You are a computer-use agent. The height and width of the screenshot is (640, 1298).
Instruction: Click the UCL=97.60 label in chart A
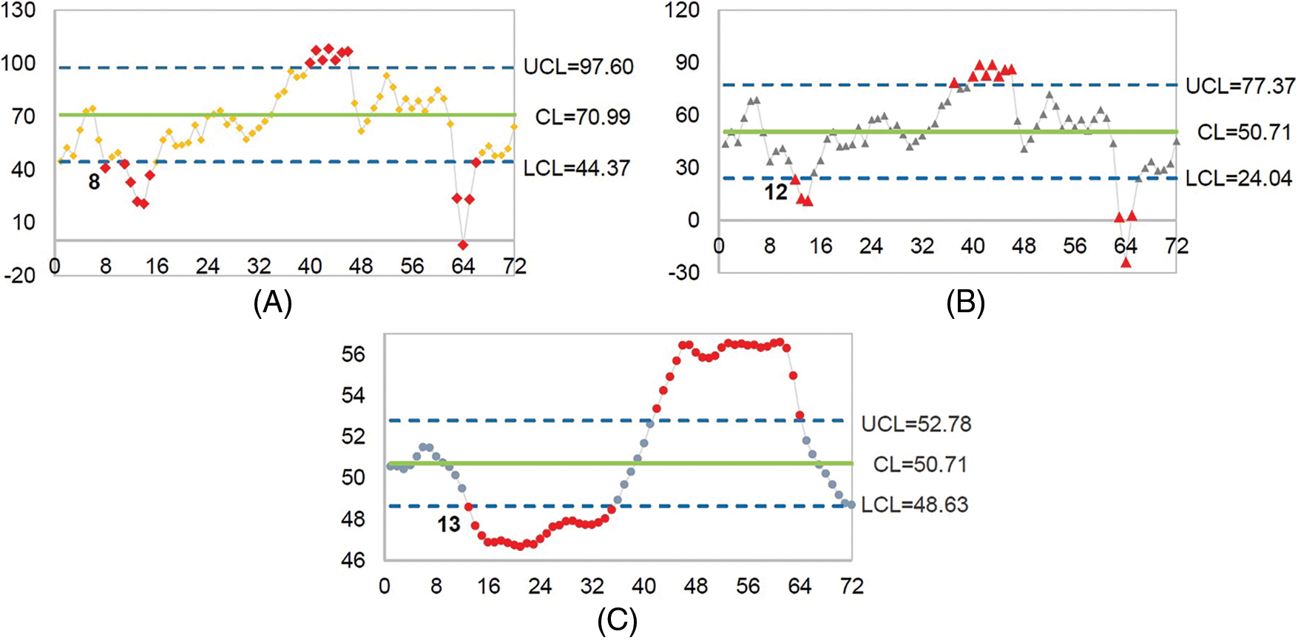coord(578,67)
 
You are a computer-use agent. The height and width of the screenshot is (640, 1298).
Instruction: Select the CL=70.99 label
coord(583,117)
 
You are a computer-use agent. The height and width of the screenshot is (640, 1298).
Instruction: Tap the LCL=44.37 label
coord(577,169)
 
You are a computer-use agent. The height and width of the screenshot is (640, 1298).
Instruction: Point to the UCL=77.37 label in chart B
coord(1240,87)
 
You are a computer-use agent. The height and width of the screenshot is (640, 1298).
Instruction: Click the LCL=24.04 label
coord(1239,178)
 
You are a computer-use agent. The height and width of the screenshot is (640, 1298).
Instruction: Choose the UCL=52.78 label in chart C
coord(916,424)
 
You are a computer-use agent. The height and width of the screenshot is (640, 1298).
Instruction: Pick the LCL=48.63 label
coord(914,505)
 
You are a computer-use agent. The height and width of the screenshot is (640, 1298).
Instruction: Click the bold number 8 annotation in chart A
coord(94,182)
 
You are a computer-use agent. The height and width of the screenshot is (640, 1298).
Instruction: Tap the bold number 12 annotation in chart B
coord(775,193)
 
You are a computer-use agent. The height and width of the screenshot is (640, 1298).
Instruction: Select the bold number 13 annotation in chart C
coord(448,525)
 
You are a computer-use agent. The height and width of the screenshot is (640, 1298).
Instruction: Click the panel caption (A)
coord(272,303)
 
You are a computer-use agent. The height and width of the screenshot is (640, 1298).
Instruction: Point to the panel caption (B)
coord(965,303)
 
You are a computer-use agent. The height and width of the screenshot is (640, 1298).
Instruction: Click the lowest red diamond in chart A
coord(463,245)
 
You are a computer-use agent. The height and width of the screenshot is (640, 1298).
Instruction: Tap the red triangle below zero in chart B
coord(1126,262)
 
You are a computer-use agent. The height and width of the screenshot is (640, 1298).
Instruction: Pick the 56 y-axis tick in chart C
coord(353,354)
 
